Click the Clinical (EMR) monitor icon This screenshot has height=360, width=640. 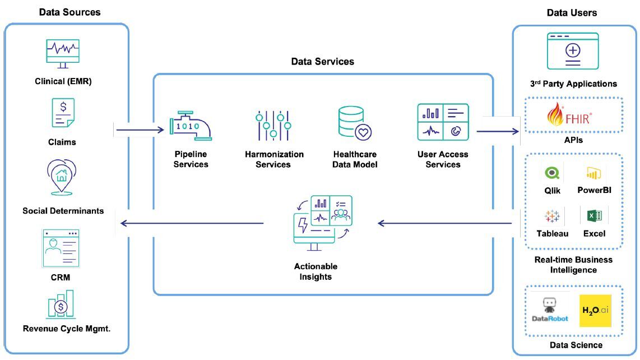pyautogui.click(x=62, y=54)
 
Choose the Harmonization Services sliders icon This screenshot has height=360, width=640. pyautogui.click(x=273, y=124)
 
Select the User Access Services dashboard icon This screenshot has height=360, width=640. pyautogui.click(x=443, y=122)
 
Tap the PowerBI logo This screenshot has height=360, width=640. pyautogui.click(x=594, y=173)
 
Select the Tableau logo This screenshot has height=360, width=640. pyautogui.click(x=553, y=216)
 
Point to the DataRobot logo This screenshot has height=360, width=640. pyautogui.click(x=549, y=310)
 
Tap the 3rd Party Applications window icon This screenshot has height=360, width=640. pyautogui.click(x=573, y=51)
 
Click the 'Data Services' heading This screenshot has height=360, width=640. pyautogui.click(x=323, y=62)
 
